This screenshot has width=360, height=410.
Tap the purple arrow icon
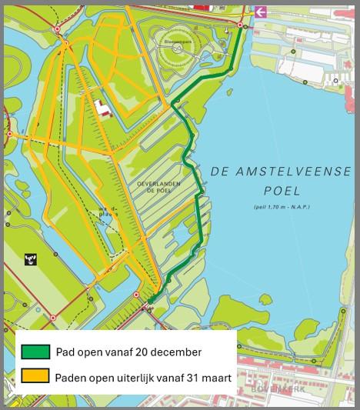click(260, 12)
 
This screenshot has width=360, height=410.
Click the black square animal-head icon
click(32, 259)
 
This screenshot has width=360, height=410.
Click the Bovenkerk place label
click(265, 391)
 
